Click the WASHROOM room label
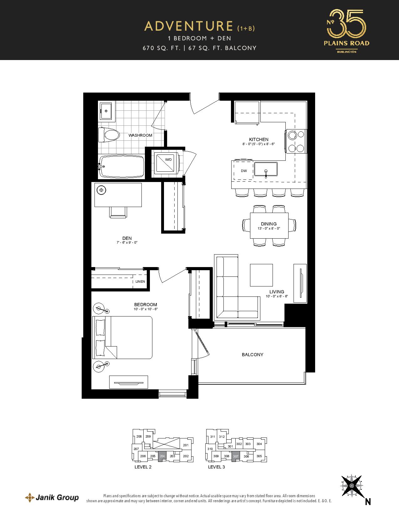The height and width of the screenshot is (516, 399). click(x=140, y=135)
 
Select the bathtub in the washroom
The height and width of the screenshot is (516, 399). click(x=121, y=166)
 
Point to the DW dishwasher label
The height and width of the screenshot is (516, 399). click(x=244, y=171)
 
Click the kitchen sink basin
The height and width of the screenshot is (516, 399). click(x=266, y=169)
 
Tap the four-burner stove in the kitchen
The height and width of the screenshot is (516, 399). click(x=296, y=141)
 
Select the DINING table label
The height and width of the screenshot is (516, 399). click(x=269, y=224)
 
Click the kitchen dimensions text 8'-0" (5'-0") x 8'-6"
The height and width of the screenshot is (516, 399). click(x=258, y=144)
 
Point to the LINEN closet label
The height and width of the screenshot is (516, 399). click(x=140, y=281)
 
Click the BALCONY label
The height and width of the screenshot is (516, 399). click(x=252, y=355)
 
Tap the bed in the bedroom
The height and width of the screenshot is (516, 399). click(x=122, y=337)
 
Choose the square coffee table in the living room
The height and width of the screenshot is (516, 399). click(x=261, y=275)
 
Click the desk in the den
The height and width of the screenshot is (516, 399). click(x=118, y=195)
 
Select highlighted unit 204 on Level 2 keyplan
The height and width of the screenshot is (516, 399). click(x=162, y=456)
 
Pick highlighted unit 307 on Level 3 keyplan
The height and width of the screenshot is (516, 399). click(x=236, y=456)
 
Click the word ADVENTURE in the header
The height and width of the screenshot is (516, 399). click(x=189, y=26)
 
